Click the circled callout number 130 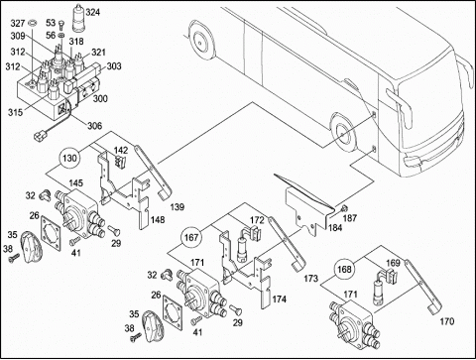tap(69, 158)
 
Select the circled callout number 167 tap(191, 237)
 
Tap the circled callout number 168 tap(344, 269)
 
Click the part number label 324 tap(92, 13)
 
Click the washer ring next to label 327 tap(33, 24)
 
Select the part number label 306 tap(94, 126)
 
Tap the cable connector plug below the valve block tap(39, 135)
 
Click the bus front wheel tap(342, 132)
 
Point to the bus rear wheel tap(200, 41)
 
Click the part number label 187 tap(350, 218)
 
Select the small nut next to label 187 tap(344, 208)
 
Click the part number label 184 tap(335, 228)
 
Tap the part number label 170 tap(447, 321)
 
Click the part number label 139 tap(178, 207)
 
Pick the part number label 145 tap(76, 183)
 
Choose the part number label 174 tap(280, 300)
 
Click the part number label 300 tap(100, 98)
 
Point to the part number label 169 tap(393, 263)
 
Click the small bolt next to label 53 tap(61, 25)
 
